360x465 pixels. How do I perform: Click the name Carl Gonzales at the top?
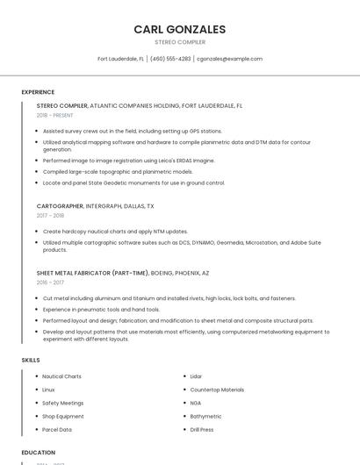click(179, 29)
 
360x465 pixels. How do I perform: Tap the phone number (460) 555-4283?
click(170, 59)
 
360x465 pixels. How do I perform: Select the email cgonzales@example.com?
click(229, 59)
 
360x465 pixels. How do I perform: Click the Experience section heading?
click(38, 92)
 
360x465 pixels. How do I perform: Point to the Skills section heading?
click(31, 360)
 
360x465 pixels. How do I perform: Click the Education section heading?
click(39, 453)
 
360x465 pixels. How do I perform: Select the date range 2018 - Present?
click(55, 115)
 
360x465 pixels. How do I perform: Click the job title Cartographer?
click(60, 206)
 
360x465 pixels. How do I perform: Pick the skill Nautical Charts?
click(61, 376)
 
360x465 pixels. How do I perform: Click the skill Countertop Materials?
click(217, 390)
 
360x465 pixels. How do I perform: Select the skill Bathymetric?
click(205, 416)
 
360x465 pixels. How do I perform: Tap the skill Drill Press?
click(202, 430)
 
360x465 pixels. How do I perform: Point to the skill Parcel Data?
click(57, 430)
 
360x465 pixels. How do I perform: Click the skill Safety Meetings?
click(62, 403)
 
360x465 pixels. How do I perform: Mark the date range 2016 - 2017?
click(50, 283)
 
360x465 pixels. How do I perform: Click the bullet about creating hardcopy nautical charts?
click(115, 232)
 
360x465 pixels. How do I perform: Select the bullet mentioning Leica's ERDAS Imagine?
click(128, 161)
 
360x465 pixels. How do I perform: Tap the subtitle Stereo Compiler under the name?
click(179, 42)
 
